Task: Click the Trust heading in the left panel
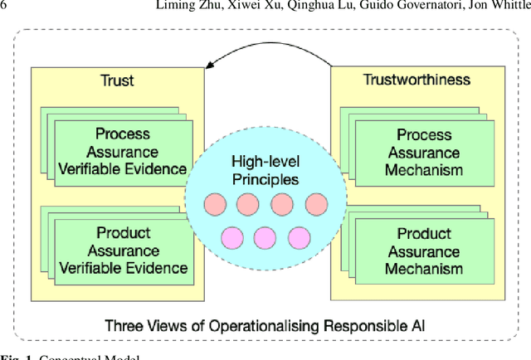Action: click(x=118, y=81)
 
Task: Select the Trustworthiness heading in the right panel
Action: click(x=417, y=80)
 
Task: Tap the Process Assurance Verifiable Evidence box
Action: click(x=123, y=152)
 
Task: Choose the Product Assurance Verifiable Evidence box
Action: click(x=123, y=251)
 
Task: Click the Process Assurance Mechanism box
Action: click(x=423, y=153)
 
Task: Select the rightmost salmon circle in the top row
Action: click(x=316, y=204)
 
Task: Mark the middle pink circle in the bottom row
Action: click(x=265, y=238)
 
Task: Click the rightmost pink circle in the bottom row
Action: click(x=299, y=238)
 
